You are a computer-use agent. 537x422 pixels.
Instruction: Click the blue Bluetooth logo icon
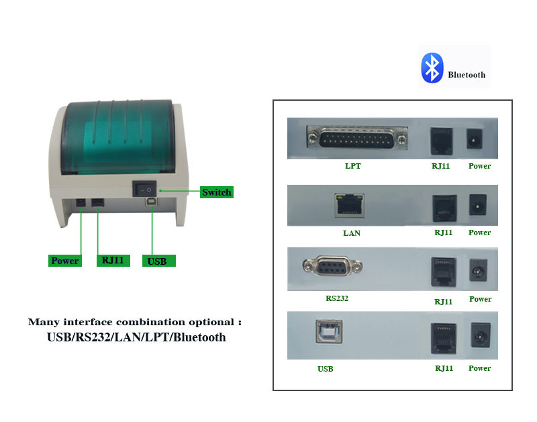(432, 68)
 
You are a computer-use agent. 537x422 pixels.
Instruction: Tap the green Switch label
(216, 192)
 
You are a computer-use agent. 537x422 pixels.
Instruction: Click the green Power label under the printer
(64, 261)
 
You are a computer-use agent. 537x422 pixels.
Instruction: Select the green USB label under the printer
(159, 261)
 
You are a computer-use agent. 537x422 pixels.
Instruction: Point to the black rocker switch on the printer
(144, 189)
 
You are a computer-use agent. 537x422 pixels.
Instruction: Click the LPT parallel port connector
(357, 138)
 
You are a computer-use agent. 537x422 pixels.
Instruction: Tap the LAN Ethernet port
(349, 206)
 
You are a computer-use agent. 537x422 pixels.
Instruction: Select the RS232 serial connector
(332, 265)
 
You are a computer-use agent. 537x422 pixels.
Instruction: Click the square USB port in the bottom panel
(329, 331)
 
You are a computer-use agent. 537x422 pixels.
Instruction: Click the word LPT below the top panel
(353, 166)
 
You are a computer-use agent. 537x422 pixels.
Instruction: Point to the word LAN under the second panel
(352, 233)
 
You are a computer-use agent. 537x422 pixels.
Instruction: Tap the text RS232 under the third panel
(337, 298)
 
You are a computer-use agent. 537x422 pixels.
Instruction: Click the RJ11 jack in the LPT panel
(442, 141)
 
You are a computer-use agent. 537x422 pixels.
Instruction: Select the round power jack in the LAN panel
(477, 205)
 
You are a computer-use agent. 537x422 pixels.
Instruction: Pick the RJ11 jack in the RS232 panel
(444, 271)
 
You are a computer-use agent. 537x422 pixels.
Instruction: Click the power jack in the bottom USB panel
(481, 335)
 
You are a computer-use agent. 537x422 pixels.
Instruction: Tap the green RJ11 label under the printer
(113, 261)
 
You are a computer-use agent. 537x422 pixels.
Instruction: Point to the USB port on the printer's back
(151, 202)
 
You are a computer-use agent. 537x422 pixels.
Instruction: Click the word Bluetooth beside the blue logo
(467, 75)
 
